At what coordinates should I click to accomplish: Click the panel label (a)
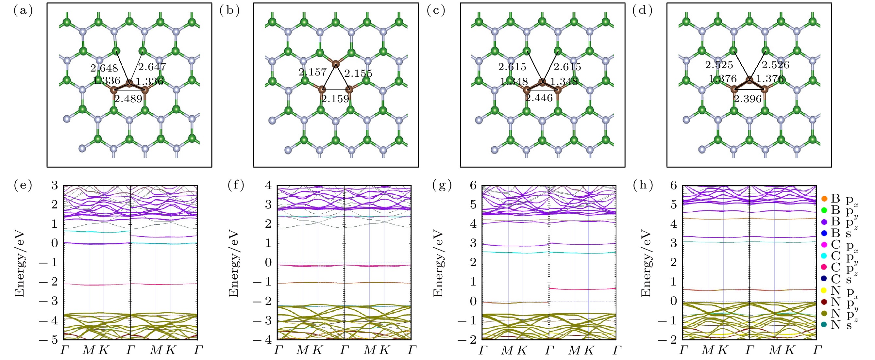pyautogui.click(x=23, y=11)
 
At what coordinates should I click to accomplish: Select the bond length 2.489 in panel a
pyautogui.click(x=128, y=99)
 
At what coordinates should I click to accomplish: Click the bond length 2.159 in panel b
pyautogui.click(x=335, y=99)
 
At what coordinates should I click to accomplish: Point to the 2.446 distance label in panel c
pyautogui.click(x=539, y=98)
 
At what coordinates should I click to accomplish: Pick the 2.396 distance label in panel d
pyautogui.click(x=747, y=99)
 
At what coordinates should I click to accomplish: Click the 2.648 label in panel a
pyautogui.click(x=104, y=68)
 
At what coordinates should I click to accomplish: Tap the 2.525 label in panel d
pyautogui.click(x=719, y=65)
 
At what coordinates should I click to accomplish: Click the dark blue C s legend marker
pyautogui.click(x=824, y=279)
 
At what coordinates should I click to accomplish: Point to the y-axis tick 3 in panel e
pyautogui.click(x=55, y=186)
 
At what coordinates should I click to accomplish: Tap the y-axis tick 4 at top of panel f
pyautogui.click(x=269, y=186)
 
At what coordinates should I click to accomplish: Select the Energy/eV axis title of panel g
pyautogui.click(x=438, y=263)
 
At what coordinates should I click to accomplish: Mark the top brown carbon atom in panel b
pyautogui.click(x=336, y=63)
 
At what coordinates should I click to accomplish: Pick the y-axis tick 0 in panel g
pyautogui.click(x=473, y=301)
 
